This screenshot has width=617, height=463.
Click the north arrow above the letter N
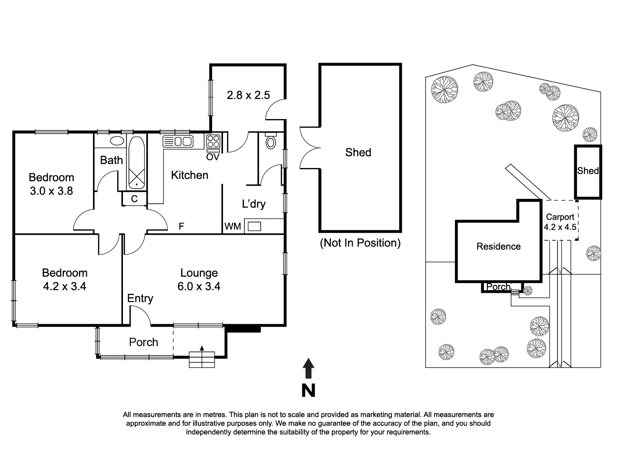308,368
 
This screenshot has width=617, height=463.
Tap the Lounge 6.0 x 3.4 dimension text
199,286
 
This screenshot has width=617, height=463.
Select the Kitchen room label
190,175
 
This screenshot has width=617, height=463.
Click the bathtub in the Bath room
137,163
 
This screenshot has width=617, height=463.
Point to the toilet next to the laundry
271,142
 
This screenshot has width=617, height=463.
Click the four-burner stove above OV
213,142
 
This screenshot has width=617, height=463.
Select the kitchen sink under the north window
178,142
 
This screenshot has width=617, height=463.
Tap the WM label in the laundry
233,226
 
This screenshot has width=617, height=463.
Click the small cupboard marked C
134,199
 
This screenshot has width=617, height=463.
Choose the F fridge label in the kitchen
181,227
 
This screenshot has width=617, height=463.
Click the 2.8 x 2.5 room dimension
248,95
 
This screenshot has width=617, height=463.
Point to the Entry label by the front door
140,299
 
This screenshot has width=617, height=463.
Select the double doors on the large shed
309,148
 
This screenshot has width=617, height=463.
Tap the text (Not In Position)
360,243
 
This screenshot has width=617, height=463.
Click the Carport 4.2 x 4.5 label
560,222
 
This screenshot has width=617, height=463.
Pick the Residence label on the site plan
498,246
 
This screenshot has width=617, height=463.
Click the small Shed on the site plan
588,171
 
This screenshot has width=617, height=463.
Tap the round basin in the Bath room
117,141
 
